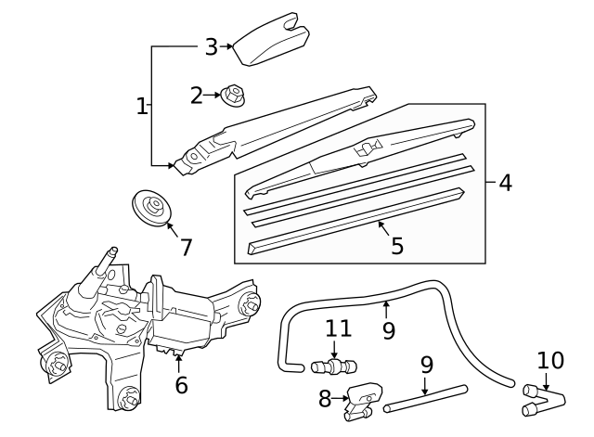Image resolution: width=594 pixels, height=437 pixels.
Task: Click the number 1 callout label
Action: [x=142, y=107]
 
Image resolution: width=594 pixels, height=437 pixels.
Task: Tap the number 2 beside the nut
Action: [x=197, y=94]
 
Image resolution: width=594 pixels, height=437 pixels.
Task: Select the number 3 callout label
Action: [x=211, y=45]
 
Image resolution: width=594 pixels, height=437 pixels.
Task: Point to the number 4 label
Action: [x=505, y=182]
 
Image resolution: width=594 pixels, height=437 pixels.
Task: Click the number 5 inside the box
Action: [x=397, y=246]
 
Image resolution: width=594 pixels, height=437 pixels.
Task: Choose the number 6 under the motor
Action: [x=181, y=384]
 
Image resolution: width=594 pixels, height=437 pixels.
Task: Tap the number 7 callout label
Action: [x=186, y=248]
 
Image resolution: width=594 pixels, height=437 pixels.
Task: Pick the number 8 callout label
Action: [x=325, y=399]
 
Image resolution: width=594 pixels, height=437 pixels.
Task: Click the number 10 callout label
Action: [x=550, y=360]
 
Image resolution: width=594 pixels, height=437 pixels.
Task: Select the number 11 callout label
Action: [x=339, y=328]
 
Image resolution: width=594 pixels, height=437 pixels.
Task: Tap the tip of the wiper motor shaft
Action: [x=113, y=250]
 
